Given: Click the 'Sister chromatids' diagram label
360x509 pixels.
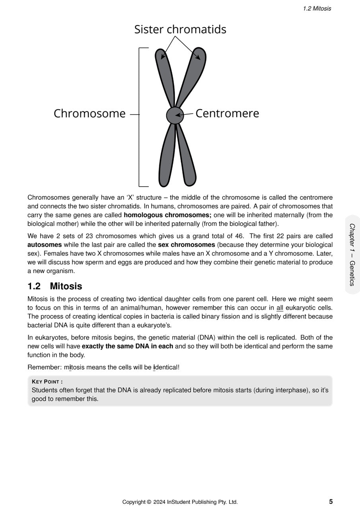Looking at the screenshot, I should click(x=180, y=29).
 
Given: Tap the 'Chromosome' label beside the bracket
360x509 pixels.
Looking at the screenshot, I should click(x=90, y=114).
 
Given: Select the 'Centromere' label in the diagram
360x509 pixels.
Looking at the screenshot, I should click(x=227, y=114).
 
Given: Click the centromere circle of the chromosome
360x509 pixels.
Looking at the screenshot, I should click(x=175, y=115).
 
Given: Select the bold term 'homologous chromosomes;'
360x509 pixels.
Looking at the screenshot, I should click(x=167, y=215).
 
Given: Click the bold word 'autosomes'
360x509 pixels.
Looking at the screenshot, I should click(x=45, y=245).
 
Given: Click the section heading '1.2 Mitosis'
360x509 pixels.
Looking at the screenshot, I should click(x=55, y=286).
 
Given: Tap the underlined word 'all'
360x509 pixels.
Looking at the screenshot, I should click(x=280, y=308).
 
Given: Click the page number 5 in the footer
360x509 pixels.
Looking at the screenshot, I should click(x=331, y=502).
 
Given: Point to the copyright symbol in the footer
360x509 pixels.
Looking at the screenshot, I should click(x=149, y=502).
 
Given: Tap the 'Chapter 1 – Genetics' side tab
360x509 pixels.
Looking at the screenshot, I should click(x=352, y=254).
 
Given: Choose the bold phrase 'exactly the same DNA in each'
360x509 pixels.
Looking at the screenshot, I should click(x=127, y=346).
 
